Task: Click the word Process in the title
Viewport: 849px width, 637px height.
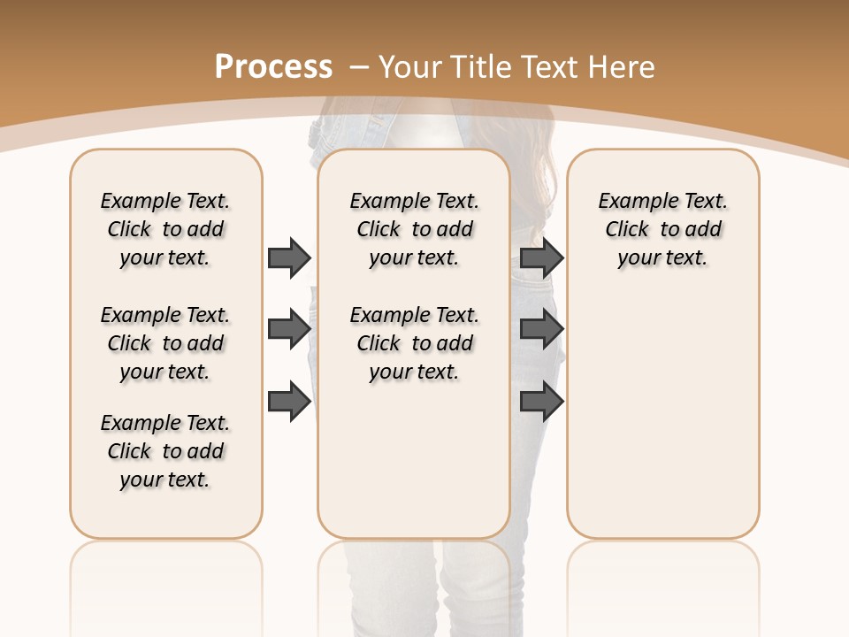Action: point(273,66)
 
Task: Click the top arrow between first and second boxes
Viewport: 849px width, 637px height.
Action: point(289,257)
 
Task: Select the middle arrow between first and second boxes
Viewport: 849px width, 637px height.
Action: point(289,329)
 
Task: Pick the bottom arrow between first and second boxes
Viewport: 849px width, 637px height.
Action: point(289,402)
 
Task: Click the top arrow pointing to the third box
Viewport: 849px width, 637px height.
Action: point(541,257)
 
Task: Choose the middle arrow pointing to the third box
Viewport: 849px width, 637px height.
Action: point(541,329)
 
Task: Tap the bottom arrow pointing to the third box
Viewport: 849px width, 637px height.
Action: point(541,402)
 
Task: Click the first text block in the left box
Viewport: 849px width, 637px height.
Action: point(165,229)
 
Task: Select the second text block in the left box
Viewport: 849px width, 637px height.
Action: point(165,343)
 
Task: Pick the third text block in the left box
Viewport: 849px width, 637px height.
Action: point(165,451)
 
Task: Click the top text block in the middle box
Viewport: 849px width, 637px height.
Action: point(414,229)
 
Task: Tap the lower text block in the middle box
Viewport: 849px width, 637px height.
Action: point(414,343)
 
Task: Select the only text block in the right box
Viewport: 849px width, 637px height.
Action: point(662,229)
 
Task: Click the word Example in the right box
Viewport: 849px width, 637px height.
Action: point(631,202)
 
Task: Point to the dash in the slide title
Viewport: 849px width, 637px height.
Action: point(359,66)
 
